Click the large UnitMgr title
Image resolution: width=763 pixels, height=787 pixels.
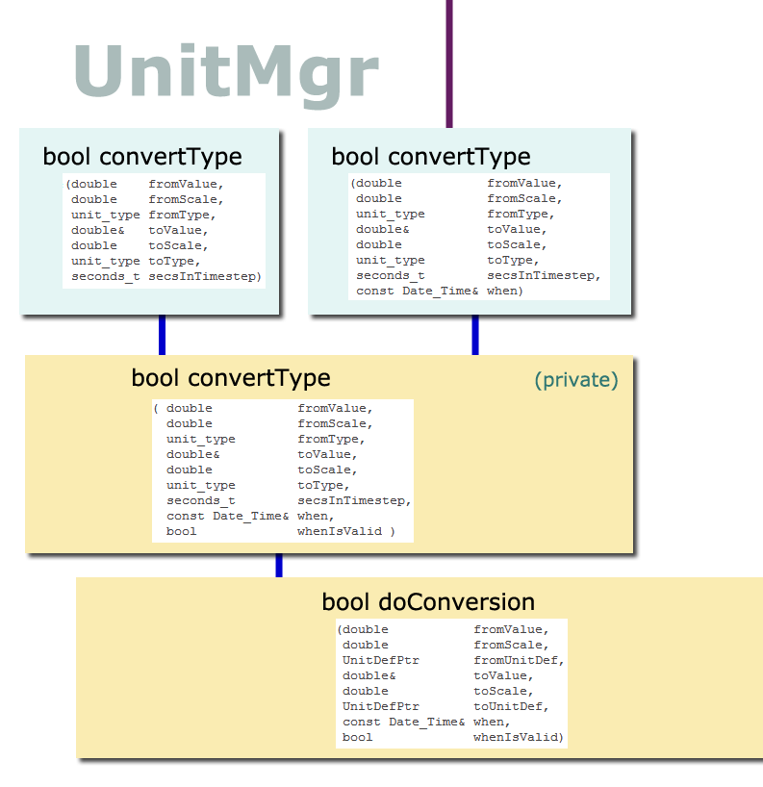pos(226,74)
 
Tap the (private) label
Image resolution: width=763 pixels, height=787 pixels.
pos(576,380)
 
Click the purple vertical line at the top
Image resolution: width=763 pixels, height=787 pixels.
pos(449,63)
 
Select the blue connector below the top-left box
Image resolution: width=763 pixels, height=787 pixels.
pos(163,335)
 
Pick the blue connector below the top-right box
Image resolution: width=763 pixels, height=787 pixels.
pos(475,335)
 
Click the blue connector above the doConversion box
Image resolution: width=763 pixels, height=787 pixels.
pos(279,565)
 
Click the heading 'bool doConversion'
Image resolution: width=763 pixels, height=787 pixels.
pos(428,601)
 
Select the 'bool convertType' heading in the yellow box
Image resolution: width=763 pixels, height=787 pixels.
pos(231,378)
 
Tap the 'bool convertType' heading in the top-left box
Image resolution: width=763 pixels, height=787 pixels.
pos(142,157)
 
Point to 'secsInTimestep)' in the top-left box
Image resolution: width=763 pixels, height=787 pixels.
pos(205,276)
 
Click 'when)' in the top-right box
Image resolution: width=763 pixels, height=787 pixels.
pos(505,292)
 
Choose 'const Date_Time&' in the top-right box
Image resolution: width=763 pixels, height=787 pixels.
pos(418,292)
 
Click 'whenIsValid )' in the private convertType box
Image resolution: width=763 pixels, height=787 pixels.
pos(346,531)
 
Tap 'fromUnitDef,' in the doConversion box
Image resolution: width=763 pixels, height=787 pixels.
pos(519,661)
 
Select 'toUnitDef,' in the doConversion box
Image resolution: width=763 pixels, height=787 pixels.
pos(511,707)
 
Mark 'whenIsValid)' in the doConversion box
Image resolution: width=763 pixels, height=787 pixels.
pos(519,737)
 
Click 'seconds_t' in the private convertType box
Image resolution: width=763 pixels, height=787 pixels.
pos(201,501)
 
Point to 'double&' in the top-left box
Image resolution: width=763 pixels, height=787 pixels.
pos(98,230)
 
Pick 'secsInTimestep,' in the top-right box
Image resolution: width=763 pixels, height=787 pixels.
pos(544,275)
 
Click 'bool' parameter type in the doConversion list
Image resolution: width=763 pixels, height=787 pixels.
pos(357,737)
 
